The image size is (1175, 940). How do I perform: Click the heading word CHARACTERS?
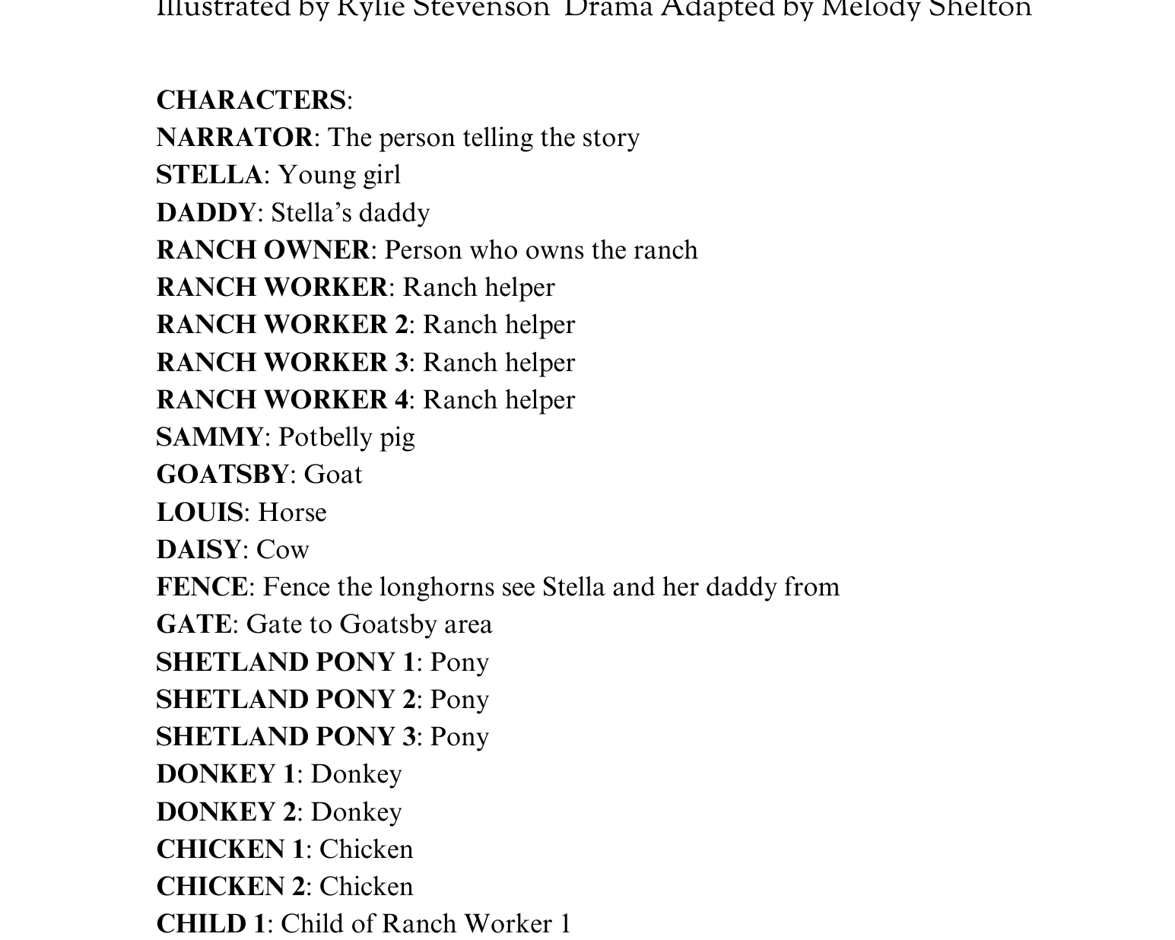coord(251,100)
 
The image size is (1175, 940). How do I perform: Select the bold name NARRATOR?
coord(234,138)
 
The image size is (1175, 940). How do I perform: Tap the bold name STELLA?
coord(209,175)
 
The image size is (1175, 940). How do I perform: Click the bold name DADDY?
coord(206,213)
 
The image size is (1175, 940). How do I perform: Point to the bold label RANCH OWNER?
coord(263,250)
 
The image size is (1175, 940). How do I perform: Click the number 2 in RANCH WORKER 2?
coord(402,325)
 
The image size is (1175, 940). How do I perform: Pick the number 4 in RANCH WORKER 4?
coord(402,400)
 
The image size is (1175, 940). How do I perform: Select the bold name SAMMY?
coord(210,437)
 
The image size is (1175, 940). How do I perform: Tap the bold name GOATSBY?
coord(223,475)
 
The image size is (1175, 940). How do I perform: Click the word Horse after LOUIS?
coord(292,513)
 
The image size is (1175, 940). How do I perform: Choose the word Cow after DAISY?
coord(283,550)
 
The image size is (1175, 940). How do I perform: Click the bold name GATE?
coord(194,624)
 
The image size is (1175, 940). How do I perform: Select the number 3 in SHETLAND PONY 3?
coord(409,737)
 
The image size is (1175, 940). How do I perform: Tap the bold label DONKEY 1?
coord(225,774)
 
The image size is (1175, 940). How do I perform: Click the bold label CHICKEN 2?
coord(230,887)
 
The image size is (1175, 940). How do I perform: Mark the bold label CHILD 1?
coord(211,924)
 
